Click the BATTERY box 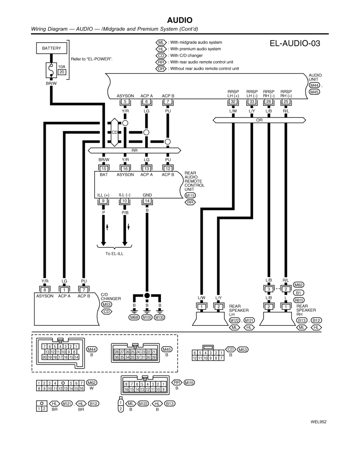click(51, 48)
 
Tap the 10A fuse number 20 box click(62, 72)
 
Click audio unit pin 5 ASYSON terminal click(125, 102)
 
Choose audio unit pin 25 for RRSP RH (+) click(286, 102)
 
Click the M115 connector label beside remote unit click(190, 196)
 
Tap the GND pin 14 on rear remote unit click(147, 201)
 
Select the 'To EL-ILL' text click(114, 254)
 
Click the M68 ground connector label click(134, 318)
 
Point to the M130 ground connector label click(159, 318)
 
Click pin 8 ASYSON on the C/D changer click(45, 290)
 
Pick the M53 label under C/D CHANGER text click(107, 305)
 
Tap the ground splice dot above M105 click(147, 296)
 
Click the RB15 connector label click(299, 300)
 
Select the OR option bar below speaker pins click(259, 120)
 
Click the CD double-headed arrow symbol click(114, 132)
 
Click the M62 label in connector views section click(91, 383)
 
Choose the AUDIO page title click(180, 20)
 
